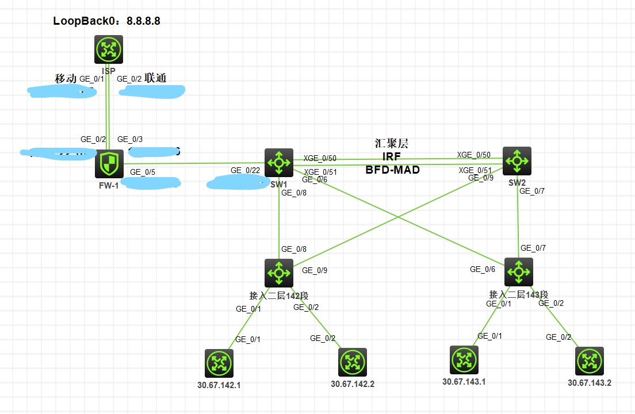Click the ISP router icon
(109, 49)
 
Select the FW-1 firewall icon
(109, 164)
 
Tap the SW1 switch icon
(279, 163)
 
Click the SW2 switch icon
(517, 160)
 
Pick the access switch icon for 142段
(279, 273)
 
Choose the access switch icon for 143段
(519, 272)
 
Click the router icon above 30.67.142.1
(219, 363)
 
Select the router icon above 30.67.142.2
(353, 362)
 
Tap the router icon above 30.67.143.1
(464, 360)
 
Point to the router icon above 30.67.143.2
(589, 361)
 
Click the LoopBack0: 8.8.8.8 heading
(106, 21)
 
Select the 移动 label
(65, 78)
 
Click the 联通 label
(155, 78)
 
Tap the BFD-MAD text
(393, 170)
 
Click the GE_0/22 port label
(244, 170)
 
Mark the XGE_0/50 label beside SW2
(474, 155)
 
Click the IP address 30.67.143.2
(589, 382)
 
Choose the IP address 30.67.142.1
(219, 385)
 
